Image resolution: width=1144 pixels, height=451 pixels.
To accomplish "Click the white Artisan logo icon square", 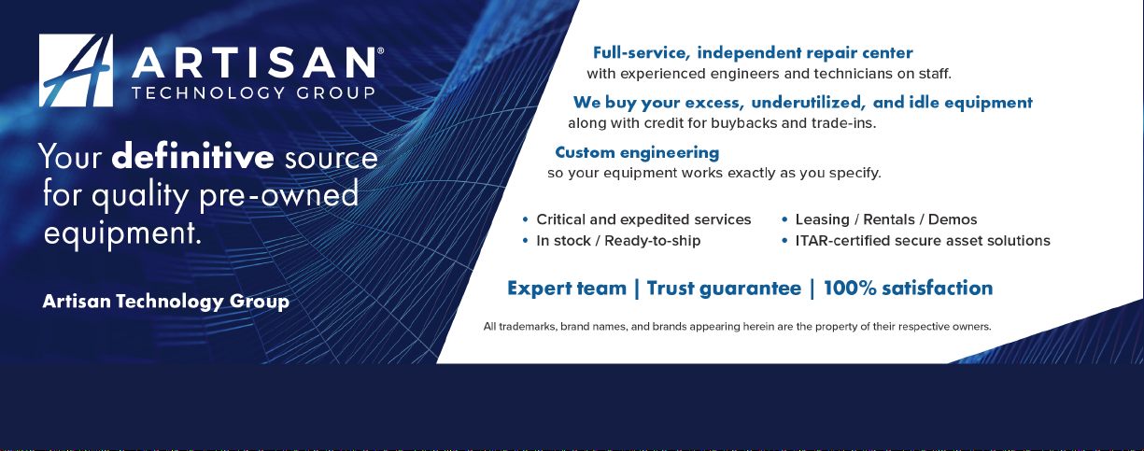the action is pos(76,70).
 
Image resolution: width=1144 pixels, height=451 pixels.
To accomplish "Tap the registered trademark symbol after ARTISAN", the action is pos(380,51).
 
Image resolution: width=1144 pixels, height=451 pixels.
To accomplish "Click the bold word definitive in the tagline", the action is pos(192,156).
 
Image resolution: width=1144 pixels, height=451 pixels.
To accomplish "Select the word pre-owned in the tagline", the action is pos(279,196).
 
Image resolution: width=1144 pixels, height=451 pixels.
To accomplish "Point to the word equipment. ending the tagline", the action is pos(122,234).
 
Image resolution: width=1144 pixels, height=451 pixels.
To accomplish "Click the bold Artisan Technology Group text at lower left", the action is pos(166,302).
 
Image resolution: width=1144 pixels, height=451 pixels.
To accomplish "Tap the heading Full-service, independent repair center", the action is pos(753,52).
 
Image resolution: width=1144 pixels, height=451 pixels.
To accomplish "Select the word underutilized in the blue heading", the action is pos(808,103).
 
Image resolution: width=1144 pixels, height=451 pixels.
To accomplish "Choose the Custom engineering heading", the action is pos(637,153).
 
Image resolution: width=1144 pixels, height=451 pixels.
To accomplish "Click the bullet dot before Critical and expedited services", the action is pos(525,219).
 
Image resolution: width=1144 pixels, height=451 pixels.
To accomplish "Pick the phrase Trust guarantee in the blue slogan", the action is pos(724,289).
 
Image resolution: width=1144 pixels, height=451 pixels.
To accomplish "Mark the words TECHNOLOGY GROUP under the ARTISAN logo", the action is pos(253,93).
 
